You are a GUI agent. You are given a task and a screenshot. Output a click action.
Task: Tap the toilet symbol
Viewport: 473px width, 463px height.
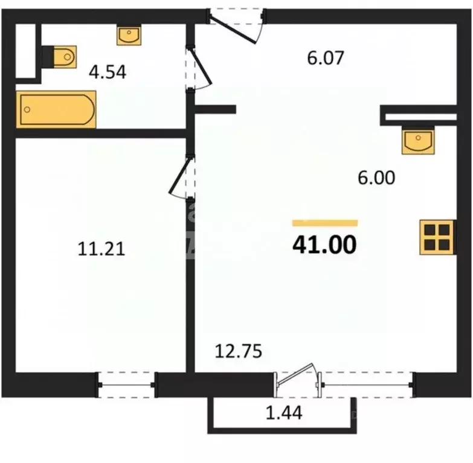click(x=59, y=57)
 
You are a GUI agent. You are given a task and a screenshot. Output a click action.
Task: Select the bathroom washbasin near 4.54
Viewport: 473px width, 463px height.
click(x=129, y=36)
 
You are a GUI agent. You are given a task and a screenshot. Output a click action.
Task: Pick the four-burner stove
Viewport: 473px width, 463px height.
click(x=437, y=237)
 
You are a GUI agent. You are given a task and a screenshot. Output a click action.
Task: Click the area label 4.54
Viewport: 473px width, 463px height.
click(x=108, y=72)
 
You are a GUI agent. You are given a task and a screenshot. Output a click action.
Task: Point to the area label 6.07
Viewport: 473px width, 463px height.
click(x=326, y=58)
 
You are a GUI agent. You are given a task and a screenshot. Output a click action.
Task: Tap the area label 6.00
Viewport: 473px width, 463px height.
click(x=376, y=177)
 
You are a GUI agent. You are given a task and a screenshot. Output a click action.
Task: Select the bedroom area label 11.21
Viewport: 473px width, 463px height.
click(x=101, y=249)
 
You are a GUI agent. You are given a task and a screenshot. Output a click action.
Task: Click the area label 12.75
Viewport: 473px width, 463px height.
click(x=238, y=351)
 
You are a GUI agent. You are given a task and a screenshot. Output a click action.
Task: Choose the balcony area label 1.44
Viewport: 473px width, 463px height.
click(x=284, y=413)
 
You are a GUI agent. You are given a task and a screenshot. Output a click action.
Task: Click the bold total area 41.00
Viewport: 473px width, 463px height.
click(x=324, y=244)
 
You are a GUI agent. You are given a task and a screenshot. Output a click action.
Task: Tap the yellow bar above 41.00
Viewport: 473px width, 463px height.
click(x=325, y=223)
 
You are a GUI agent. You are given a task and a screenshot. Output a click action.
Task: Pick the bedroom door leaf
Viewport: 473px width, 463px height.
click(x=181, y=176)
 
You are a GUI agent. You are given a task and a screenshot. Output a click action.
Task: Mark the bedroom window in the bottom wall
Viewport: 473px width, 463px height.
click(x=126, y=385)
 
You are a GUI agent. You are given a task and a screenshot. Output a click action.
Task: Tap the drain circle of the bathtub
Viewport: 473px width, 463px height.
click(x=27, y=109)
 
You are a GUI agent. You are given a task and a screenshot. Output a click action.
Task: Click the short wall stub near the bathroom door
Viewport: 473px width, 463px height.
click(x=215, y=109)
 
